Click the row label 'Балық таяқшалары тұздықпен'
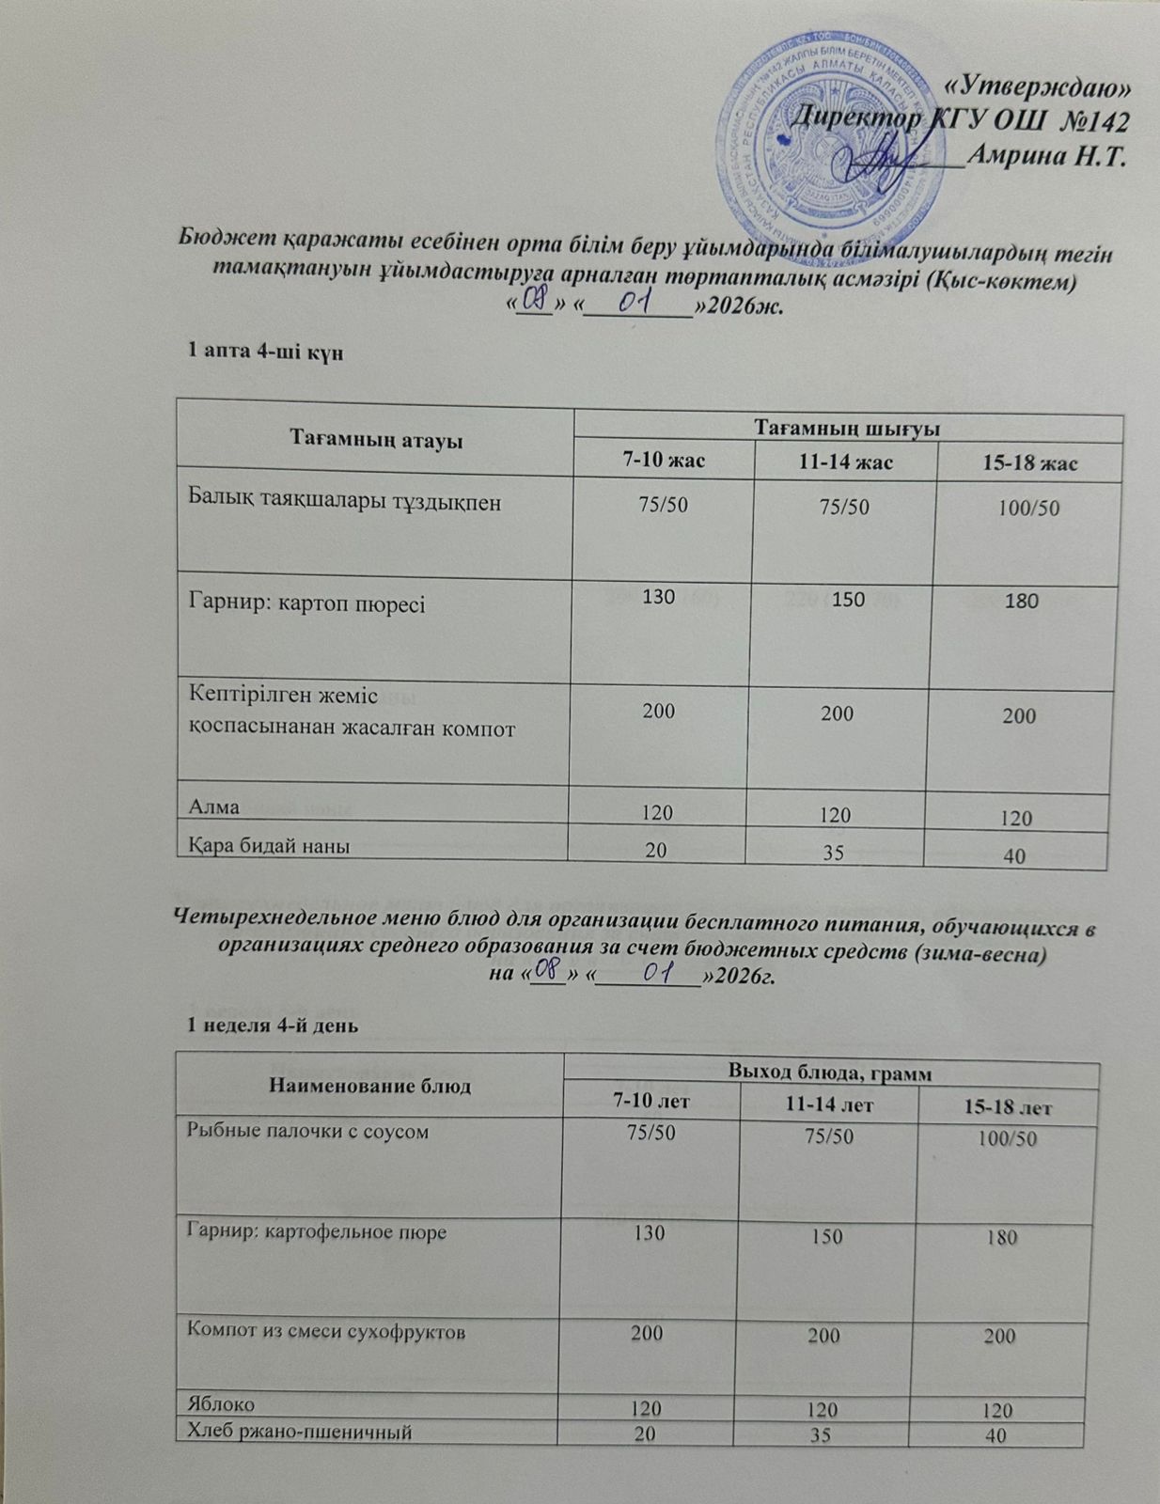pyautogui.click(x=345, y=502)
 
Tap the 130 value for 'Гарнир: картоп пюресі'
pyautogui.click(x=659, y=597)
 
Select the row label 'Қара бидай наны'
pyautogui.click(x=270, y=845)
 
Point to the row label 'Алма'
pyautogui.click(x=214, y=807)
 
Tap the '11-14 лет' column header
pyautogui.click(x=828, y=1105)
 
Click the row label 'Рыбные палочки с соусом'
pyautogui.click(x=308, y=1132)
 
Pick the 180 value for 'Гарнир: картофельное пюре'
pyautogui.click(x=1003, y=1239)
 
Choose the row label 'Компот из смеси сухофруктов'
pyautogui.click(x=326, y=1331)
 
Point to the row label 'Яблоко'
pyautogui.click(x=222, y=1403)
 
